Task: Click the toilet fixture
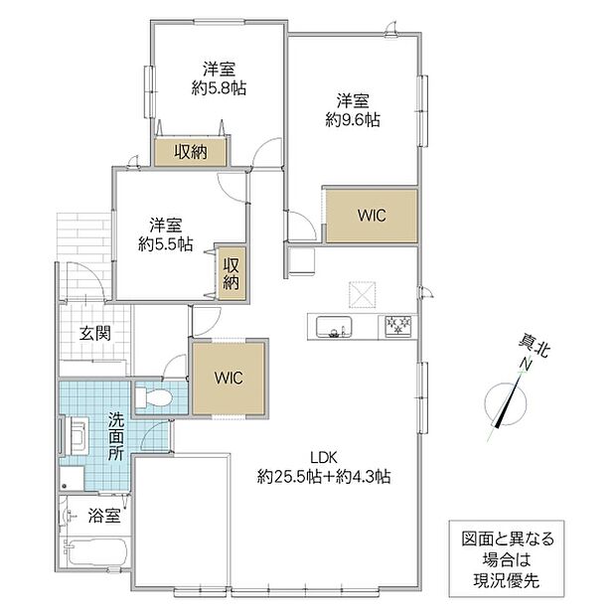[x=154, y=397]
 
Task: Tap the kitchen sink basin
[x=334, y=327]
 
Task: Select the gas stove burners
[x=398, y=326]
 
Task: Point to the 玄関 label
[x=95, y=334]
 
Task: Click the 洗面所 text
[x=116, y=436]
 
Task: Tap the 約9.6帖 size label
[x=353, y=119]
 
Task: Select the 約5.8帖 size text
[x=219, y=88]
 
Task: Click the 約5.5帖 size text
[x=165, y=244]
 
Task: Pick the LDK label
[x=324, y=457]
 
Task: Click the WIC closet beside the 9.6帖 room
[x=372, y=216]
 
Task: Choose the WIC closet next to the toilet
[x=229, y=378]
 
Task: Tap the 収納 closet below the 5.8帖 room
[x=190, y=152]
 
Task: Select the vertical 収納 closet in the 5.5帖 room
[x=231, y=274]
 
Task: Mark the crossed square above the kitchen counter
[x=363, y=294]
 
